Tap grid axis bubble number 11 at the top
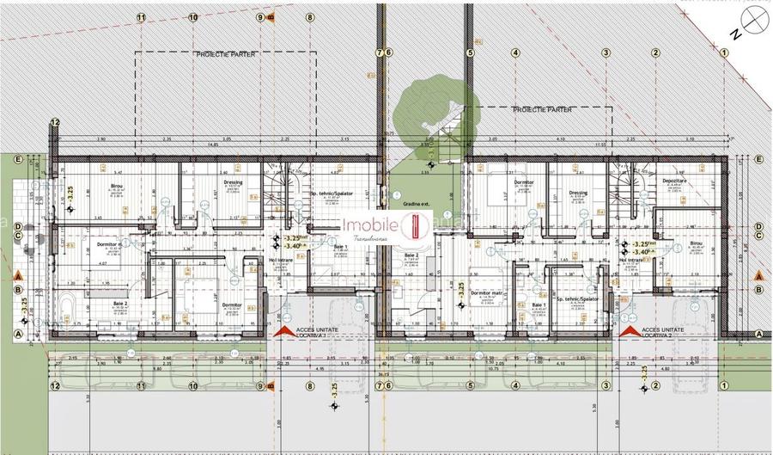coord(141,16)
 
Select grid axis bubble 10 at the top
coord(193,16)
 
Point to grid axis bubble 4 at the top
coord(515,52)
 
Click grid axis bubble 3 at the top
coord(606,52)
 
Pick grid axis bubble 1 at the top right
coord(724,52)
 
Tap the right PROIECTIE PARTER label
coord(542,110)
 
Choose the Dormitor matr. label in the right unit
coord(486,292)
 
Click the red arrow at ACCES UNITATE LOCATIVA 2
coord(628,330)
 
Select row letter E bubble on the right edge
coord(759,160)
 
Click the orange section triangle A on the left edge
coord(16,275)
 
